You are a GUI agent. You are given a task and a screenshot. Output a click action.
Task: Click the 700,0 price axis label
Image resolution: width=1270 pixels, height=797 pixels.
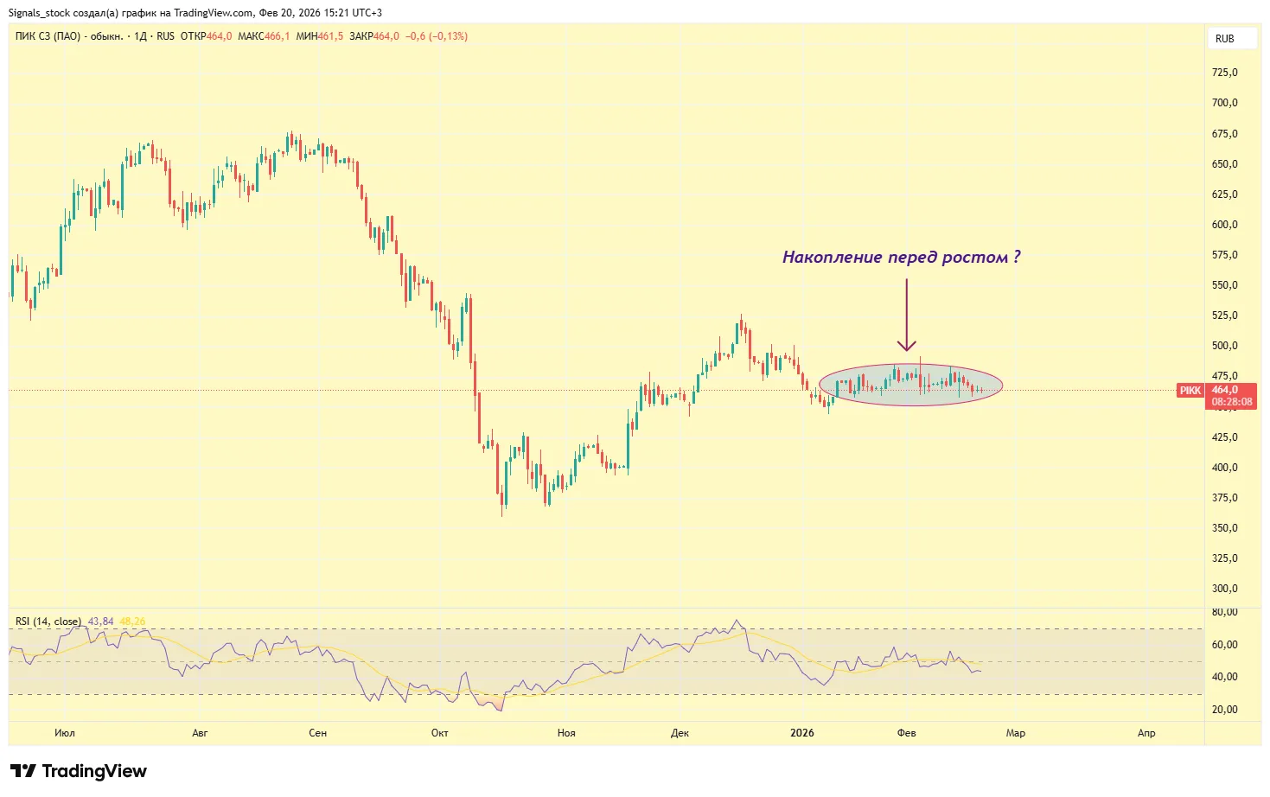1224,103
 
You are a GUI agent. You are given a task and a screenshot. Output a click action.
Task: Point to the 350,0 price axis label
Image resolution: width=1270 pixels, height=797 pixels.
1224,528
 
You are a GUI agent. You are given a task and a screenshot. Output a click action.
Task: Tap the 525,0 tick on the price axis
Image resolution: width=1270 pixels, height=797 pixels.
1224,316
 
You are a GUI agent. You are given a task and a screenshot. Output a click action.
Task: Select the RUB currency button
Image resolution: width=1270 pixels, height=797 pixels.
1224,39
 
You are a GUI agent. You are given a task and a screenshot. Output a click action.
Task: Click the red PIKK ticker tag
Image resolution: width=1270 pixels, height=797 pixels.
1190,391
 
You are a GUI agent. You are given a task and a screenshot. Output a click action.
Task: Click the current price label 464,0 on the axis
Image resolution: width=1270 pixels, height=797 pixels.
1224,390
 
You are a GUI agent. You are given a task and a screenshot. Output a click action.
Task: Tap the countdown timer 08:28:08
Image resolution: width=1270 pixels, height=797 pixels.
1231,402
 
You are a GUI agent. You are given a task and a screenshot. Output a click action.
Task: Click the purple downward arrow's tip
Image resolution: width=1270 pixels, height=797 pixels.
906,349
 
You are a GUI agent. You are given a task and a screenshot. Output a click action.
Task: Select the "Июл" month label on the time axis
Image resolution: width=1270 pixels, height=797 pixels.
65,733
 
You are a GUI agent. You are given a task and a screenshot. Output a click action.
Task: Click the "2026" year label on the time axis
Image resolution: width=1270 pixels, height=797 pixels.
802,733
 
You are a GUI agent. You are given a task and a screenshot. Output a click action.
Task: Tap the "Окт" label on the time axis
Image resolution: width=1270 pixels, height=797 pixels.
439,733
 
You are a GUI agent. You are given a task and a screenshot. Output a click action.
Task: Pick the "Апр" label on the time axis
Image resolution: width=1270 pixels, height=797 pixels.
1146,733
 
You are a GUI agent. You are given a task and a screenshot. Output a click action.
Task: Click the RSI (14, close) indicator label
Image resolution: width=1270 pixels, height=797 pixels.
48,622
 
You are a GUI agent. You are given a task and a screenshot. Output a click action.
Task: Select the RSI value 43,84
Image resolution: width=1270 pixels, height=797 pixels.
100,622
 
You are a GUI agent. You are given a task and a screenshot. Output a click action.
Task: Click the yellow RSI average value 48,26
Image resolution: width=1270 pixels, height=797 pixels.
132,622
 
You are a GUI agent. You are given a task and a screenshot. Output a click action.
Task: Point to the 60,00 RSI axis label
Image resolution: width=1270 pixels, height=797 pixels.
1224,645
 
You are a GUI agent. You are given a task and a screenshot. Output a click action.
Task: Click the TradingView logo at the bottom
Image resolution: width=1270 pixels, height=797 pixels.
79,771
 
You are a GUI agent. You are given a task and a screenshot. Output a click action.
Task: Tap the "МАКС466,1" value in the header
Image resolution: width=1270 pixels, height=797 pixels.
264,36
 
